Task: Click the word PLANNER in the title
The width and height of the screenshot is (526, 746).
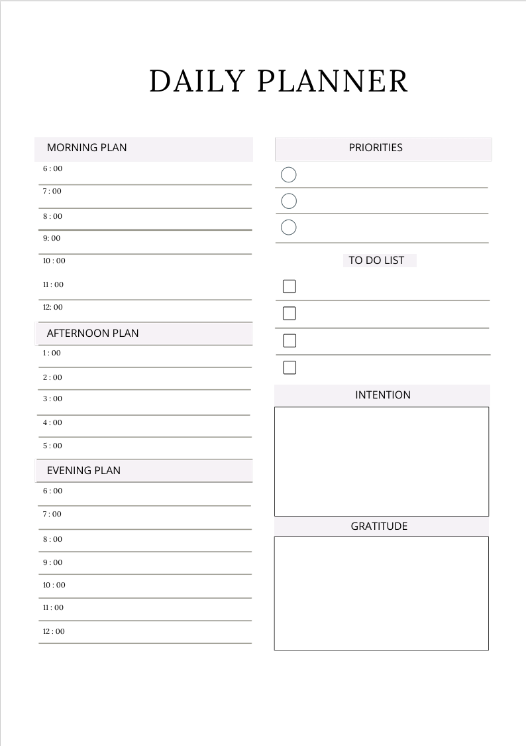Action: (332, 81)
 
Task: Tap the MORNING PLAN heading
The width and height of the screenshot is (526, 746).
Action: (87, 147)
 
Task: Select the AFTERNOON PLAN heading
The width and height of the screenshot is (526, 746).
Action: (93, 333)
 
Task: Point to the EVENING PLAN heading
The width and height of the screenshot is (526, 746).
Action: (83, 470)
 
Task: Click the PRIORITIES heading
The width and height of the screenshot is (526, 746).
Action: (376, 147)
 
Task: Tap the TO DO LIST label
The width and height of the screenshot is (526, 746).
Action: (376, 260)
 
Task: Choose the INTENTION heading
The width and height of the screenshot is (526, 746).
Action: (383, 395)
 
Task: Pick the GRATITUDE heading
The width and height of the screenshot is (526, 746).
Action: (379, 526)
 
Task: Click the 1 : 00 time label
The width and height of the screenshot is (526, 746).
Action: (52, 353)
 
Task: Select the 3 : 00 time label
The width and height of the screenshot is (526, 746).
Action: (52, 399)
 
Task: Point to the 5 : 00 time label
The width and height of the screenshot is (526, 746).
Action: (52, 446)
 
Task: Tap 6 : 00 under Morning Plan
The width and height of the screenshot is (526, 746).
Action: (53, 168)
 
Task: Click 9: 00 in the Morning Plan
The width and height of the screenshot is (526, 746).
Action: (52, 238)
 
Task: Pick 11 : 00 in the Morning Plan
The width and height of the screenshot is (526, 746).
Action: (54, 284)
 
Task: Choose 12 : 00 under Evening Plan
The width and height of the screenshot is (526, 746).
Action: (54, 631)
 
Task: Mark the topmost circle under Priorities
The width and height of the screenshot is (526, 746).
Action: (289, 174)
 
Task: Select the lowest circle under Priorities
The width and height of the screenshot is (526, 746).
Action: (289, 227)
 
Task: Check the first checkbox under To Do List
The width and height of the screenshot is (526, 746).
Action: (289, 286)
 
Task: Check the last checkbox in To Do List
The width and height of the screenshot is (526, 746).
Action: (289, 367)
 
